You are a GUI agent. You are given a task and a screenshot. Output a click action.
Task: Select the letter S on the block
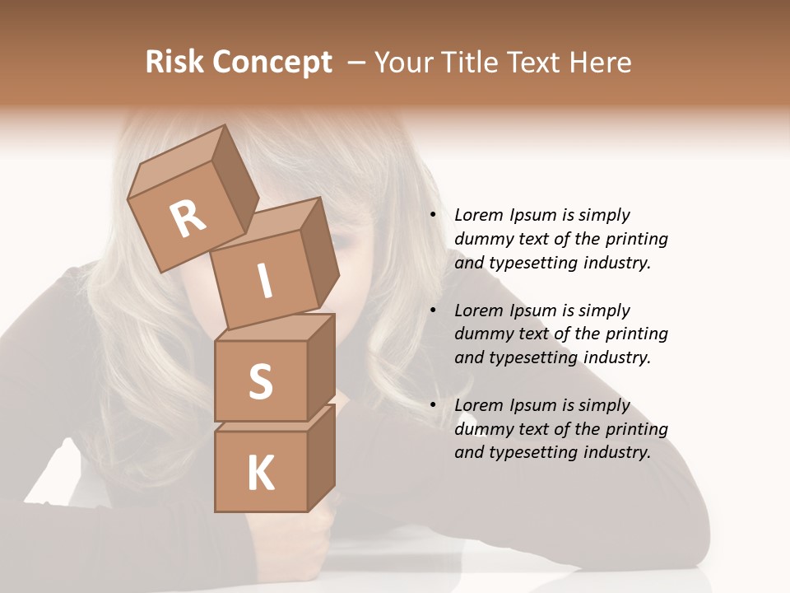click(260, 381)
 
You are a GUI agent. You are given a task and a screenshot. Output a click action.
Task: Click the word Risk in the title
click(175, 62)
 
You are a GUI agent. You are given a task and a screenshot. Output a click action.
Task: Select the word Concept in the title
click(272, 62)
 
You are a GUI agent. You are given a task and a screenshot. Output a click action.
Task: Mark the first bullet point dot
click(432, 215)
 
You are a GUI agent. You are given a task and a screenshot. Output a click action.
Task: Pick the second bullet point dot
click(432, 311)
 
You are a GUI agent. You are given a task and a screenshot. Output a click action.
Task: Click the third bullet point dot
click(432, 405)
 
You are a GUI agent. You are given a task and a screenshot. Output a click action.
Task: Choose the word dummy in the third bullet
click(482, 429)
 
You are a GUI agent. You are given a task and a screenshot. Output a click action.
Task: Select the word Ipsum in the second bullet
click(533, 311)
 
